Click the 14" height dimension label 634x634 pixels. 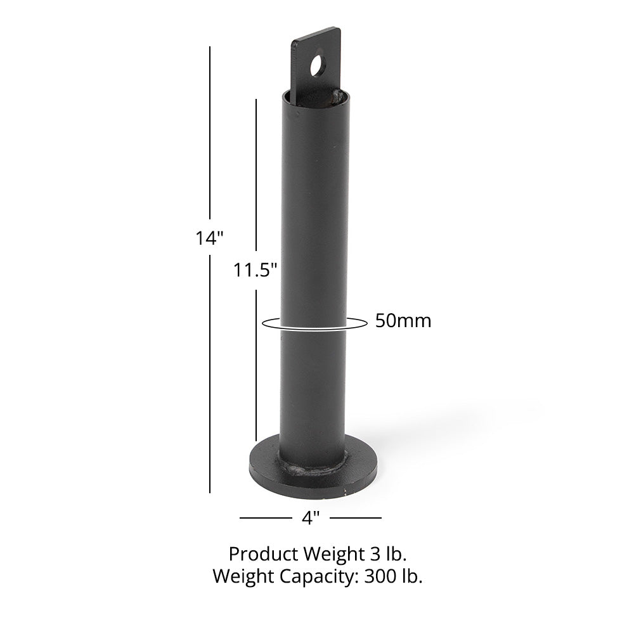[x=210, y=238]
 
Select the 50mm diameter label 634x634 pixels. [x=403, y=321]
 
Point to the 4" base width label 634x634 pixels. [x=309, y=518]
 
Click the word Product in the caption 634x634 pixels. [x=260, y=555]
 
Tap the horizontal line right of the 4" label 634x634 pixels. [x=356, y=518]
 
